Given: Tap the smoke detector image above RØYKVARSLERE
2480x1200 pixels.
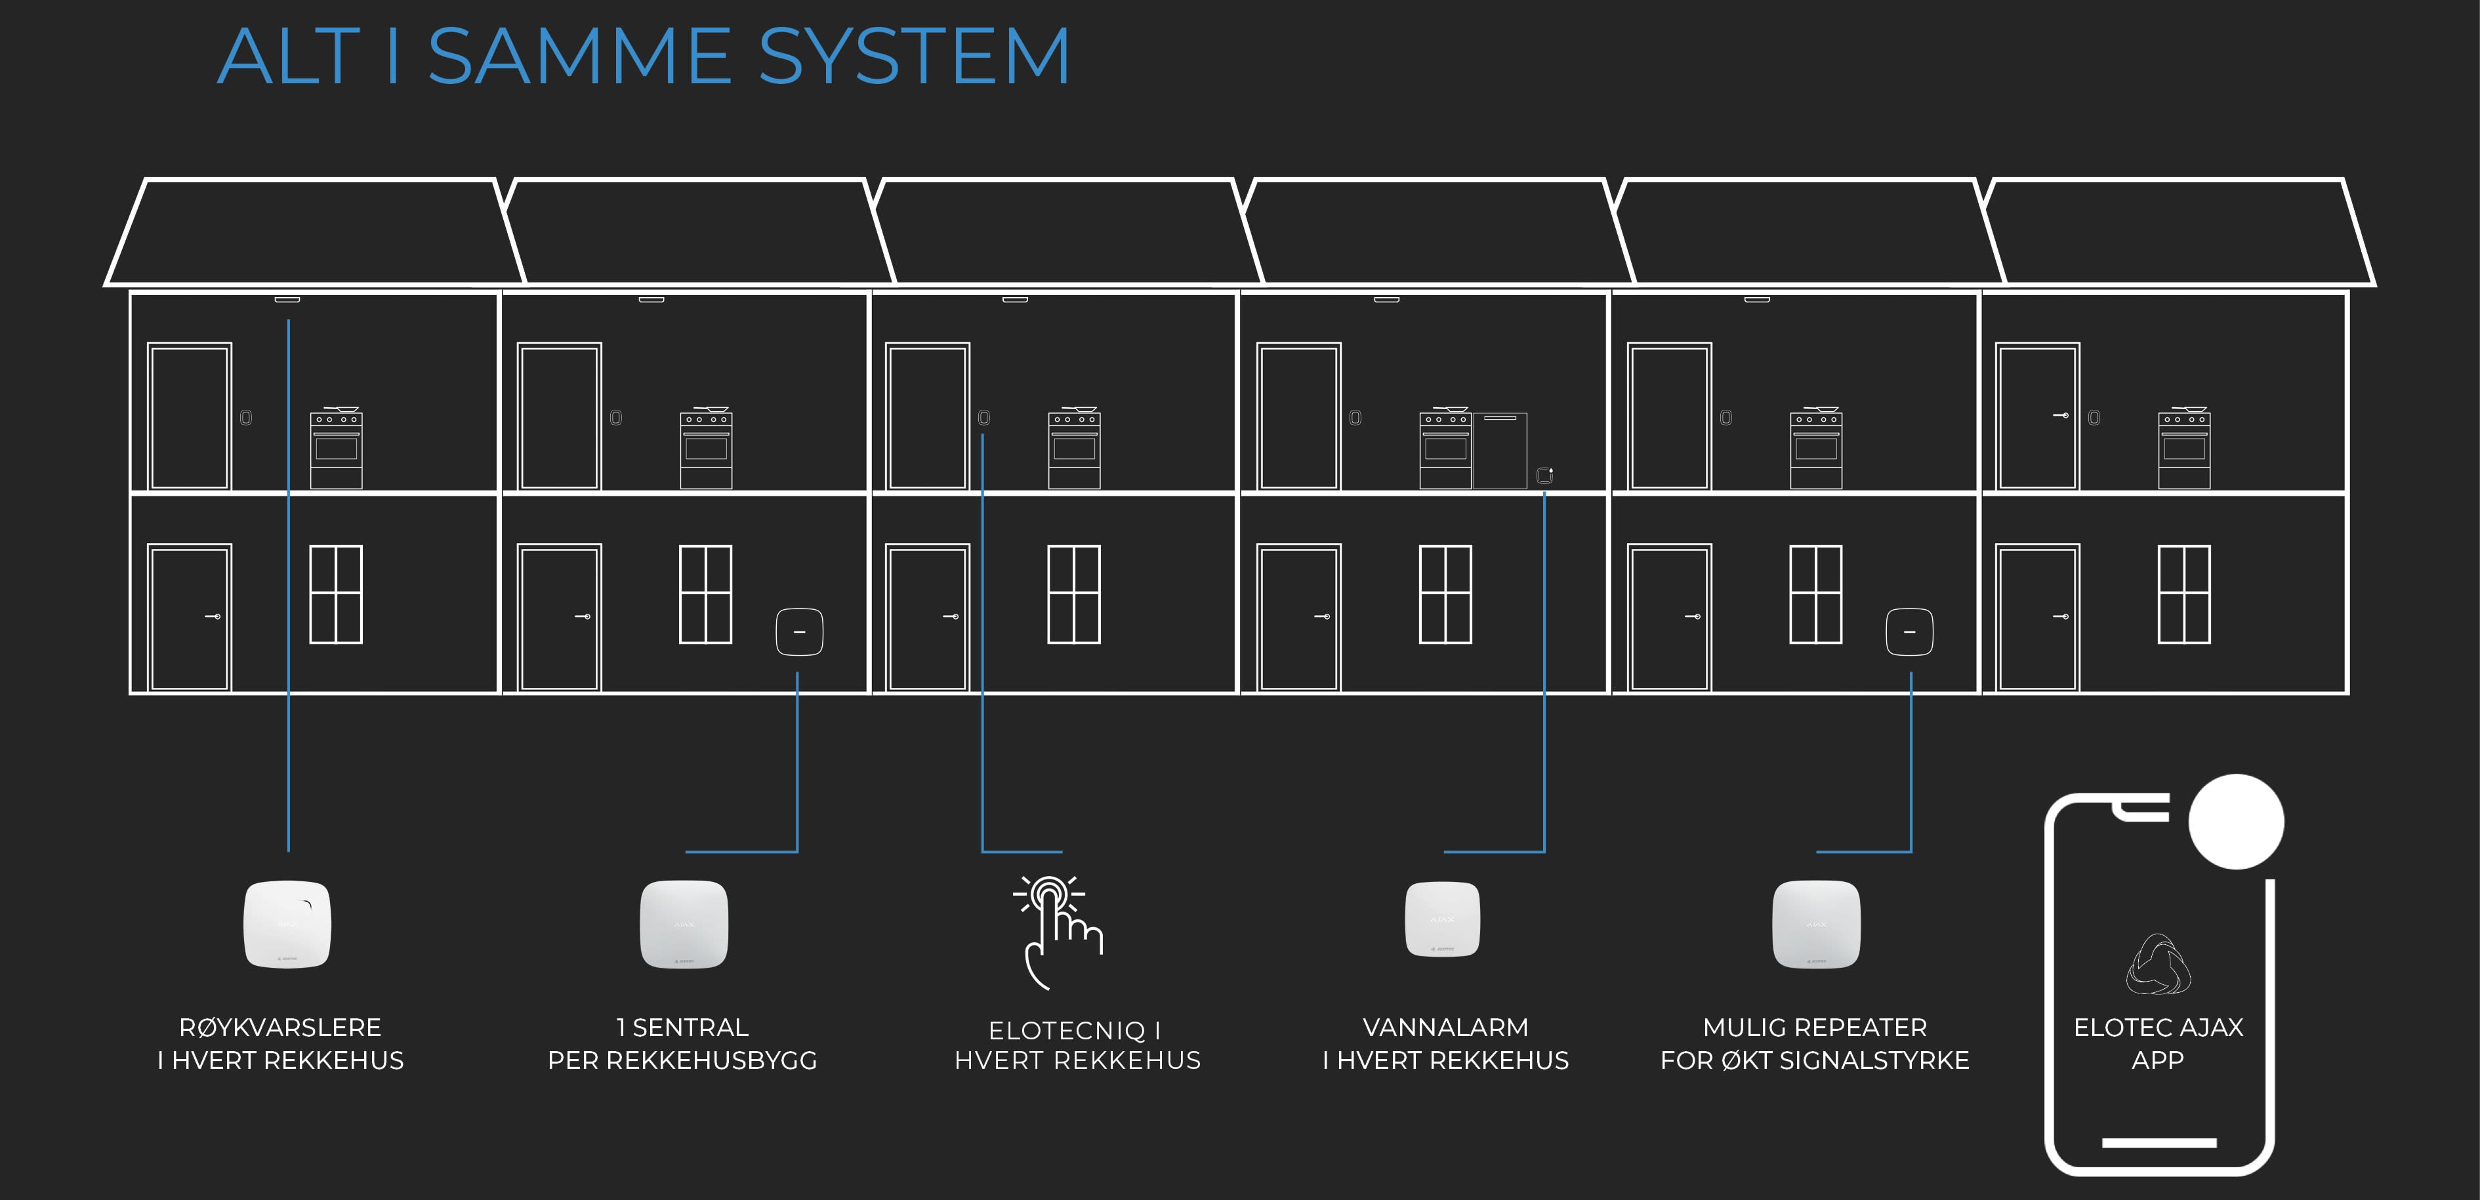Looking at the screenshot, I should click(287, 924).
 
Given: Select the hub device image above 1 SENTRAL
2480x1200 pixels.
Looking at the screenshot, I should click(684, 924).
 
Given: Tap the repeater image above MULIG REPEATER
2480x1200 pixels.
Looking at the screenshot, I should click(1816, 924).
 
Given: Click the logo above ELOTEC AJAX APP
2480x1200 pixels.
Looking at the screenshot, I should click(2159, 963).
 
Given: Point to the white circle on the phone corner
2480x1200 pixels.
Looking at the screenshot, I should click(2235, 822).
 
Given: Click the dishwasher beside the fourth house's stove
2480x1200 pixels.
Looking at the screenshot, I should click(1500, 450).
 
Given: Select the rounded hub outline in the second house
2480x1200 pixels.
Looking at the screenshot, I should click(799, 632).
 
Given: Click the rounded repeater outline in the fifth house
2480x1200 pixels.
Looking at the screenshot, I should click(1909, 632).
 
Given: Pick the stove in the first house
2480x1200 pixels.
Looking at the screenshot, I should click(336, 449).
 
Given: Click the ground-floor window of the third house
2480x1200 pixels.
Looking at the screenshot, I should click(1073, 593).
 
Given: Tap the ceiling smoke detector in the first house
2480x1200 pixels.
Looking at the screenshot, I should click(287, 299).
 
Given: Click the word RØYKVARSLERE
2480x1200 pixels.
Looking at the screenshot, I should click(280, 1028).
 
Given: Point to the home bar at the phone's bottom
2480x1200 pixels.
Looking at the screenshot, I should click(2159, 1142).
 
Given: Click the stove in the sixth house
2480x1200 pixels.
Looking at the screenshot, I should click(2183, 449).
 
